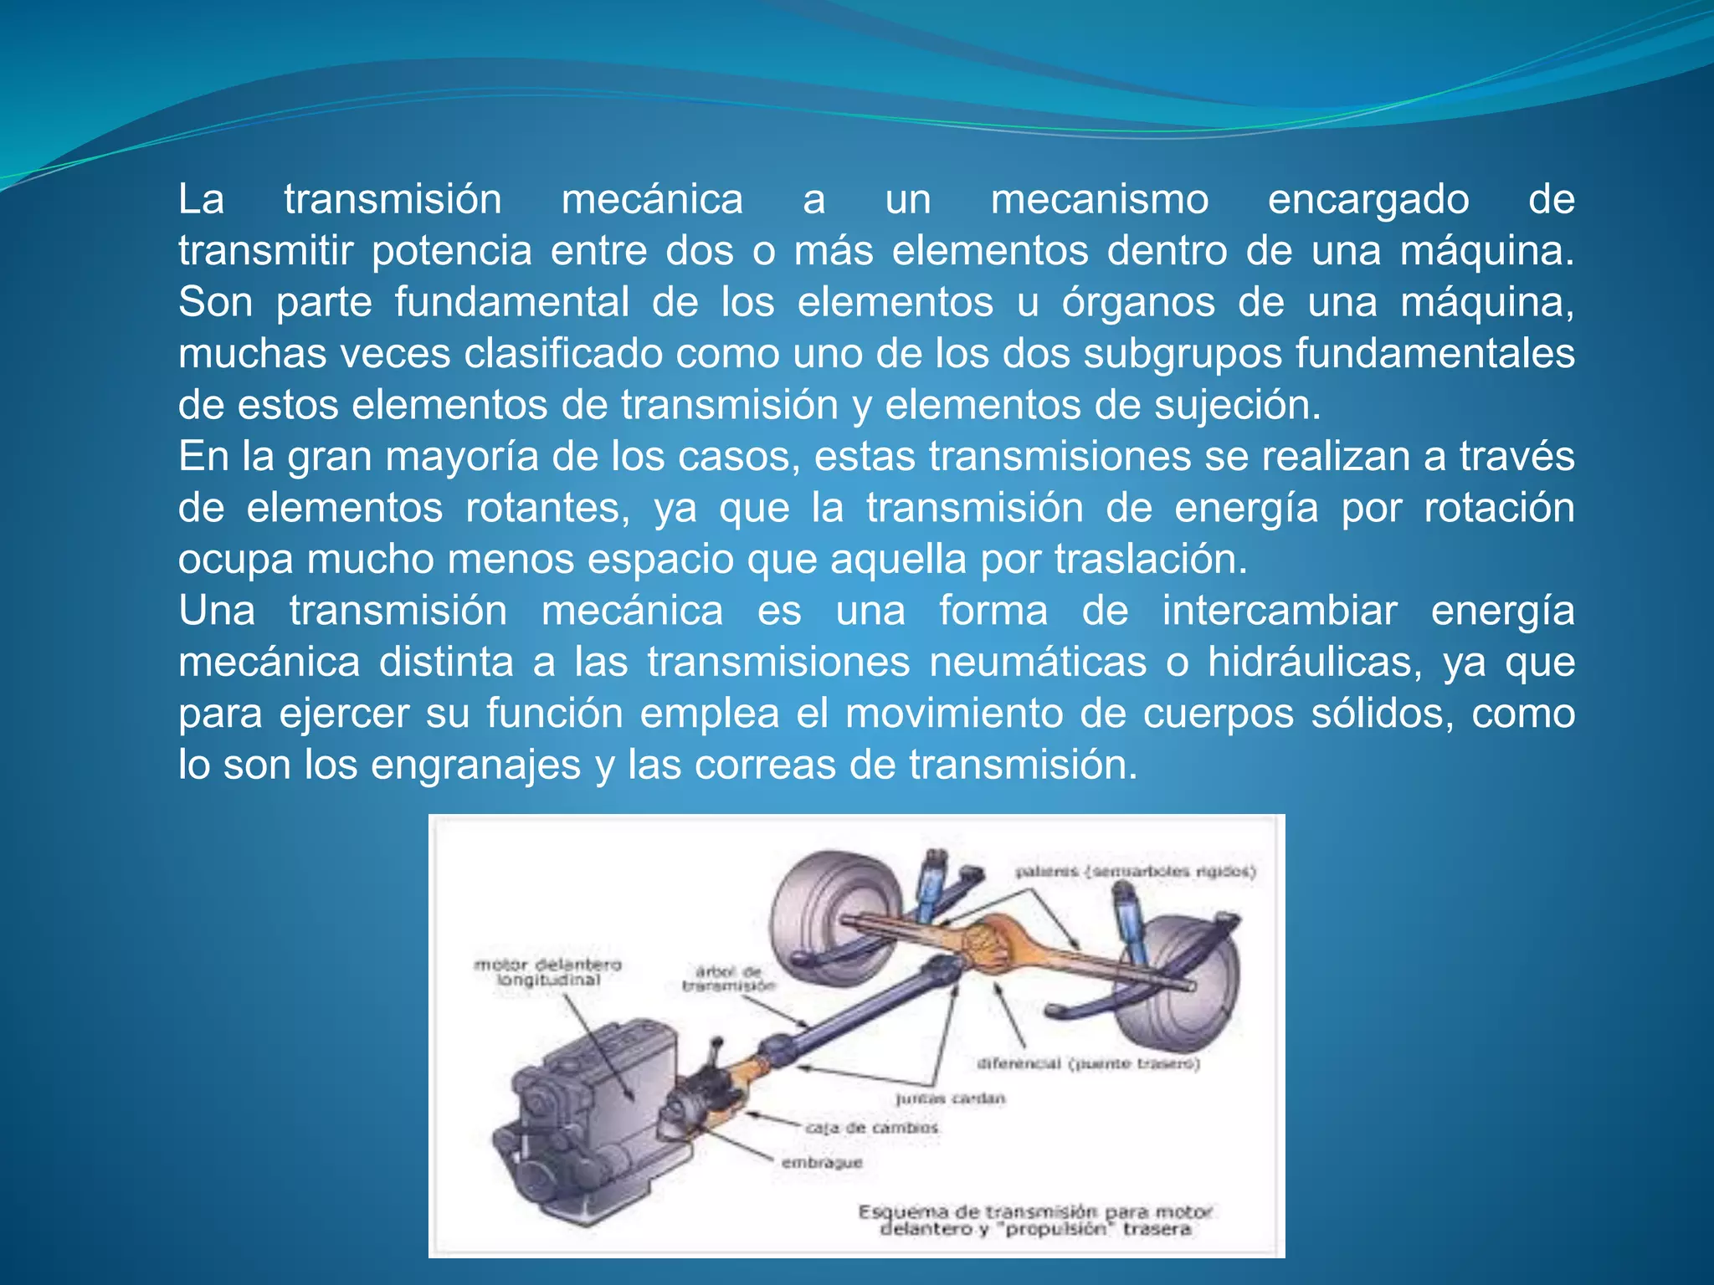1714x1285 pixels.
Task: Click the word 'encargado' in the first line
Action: (1368, 200)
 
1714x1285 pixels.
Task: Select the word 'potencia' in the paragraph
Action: (452, 251)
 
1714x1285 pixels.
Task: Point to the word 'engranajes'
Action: (475, 765)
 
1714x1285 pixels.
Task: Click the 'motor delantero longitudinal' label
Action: (548, 972)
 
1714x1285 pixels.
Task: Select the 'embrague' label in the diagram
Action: (821, 1163)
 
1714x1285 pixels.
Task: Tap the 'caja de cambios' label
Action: (872, 1128)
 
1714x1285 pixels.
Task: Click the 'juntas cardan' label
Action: (950, 1098)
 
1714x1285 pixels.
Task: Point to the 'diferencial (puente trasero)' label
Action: (1088, 1063)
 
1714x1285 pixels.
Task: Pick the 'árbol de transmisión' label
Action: (728, 979)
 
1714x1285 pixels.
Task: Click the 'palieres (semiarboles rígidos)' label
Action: (1135, 872)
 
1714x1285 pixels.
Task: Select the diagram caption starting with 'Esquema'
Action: (1035, 1220)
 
